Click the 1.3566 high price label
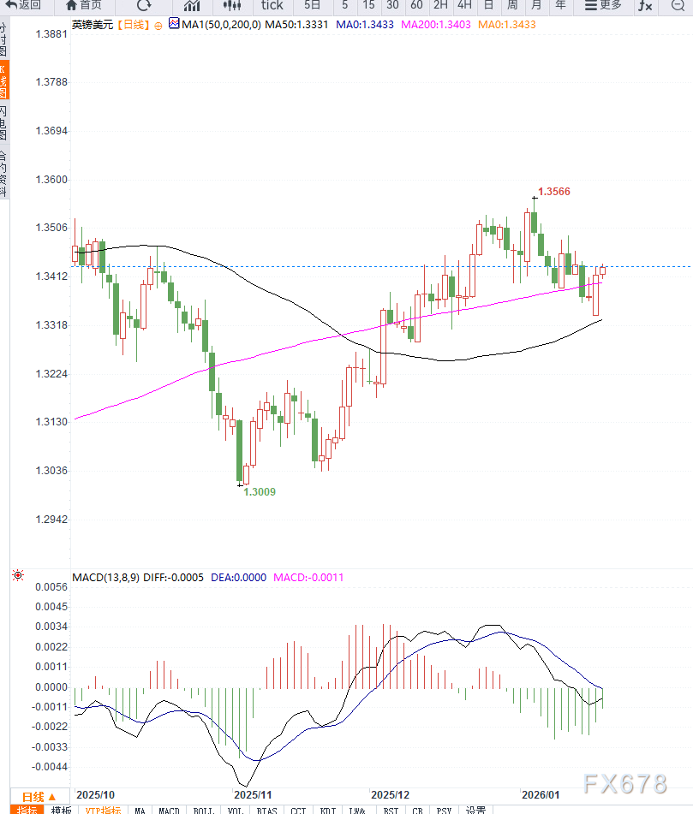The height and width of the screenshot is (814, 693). coord(554,192)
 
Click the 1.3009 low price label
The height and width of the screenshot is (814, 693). coord(260,492)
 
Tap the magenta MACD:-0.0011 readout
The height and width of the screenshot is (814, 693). coord(308,577)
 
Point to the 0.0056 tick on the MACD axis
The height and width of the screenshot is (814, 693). coord(51,587)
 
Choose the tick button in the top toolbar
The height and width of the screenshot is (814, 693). coord(272,5)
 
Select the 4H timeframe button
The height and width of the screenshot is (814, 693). coord(464,5)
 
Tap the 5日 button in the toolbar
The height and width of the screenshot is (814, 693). coord(313,5)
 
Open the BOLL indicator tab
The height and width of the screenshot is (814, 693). coord(203,809)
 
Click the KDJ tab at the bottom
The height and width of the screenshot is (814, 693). coord(326,809)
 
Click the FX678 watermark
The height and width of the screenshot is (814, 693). coord(624,783)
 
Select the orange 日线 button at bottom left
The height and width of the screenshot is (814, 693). coord(39,796)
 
